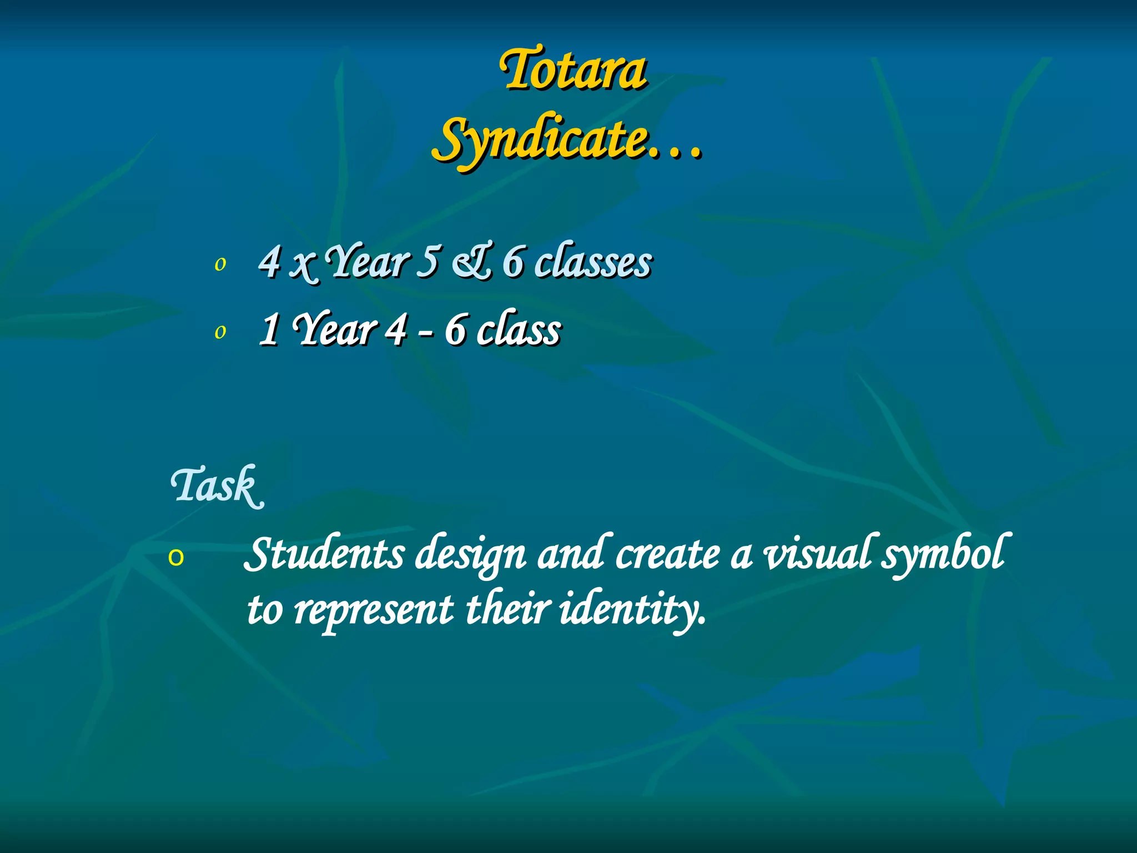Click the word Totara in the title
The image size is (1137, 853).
point(573,71)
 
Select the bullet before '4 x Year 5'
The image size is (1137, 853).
point(220,265)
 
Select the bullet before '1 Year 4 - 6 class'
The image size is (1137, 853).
point(220,333)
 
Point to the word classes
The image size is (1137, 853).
point(593,262)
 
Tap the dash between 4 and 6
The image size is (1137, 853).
point(425,335)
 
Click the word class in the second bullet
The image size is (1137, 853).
point(519,330)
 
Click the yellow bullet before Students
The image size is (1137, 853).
point(176,558)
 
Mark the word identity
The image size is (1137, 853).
point(633,610)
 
